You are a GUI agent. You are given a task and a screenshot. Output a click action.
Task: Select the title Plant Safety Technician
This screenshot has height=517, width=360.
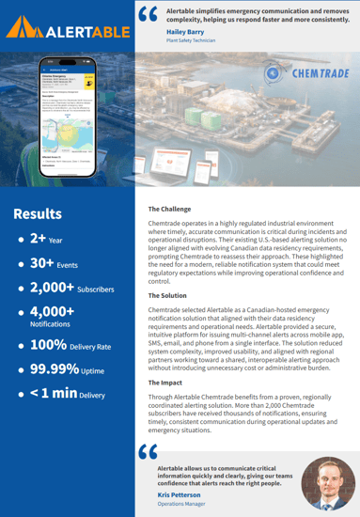pyautogui.click(x=196, y=41)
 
